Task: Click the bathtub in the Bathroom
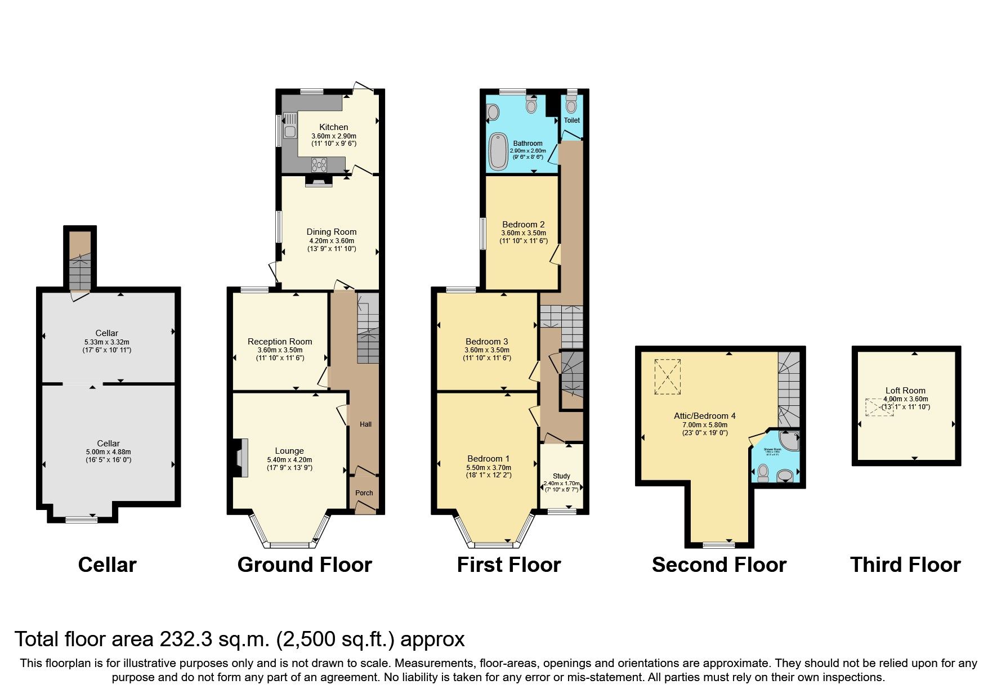click(x=498, y=151)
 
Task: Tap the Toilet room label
click(x=571, y=120)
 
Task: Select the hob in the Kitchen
click(x=319, y=164)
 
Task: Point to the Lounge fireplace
click(x=241, y=458)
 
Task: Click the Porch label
click(x=364, y=493)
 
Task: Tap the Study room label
click(x=561, y=476)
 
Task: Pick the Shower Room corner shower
click(x=790, y=441)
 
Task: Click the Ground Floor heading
click(x=305, y=565)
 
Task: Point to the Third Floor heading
click(x=905, y=565)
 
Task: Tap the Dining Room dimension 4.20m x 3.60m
click(x=331, y=240)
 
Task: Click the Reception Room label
click(x=280, y=342)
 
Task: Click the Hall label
click(x=366, y=424)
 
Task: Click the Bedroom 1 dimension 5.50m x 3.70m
click(x=489, y=467)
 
